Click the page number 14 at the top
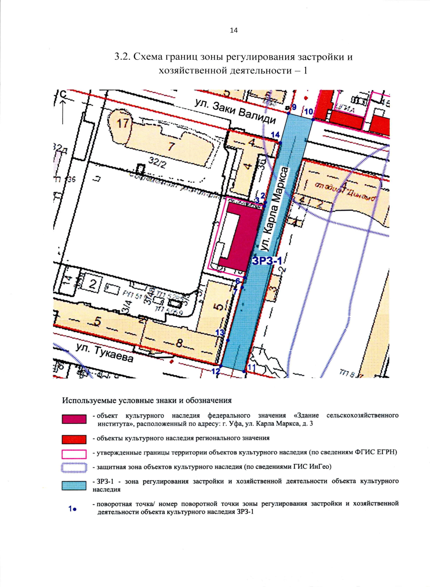(233, 30)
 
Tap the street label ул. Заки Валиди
(235, 111)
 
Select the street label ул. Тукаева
(104, 353)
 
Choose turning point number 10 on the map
(313, 119)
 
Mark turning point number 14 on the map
(280, 143)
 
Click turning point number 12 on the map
(221, 366)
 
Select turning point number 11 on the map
(244, 371)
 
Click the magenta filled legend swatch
(74, 419)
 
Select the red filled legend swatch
(74, 439)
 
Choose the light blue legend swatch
(74, 486)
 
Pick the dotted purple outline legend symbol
(74, 468)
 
